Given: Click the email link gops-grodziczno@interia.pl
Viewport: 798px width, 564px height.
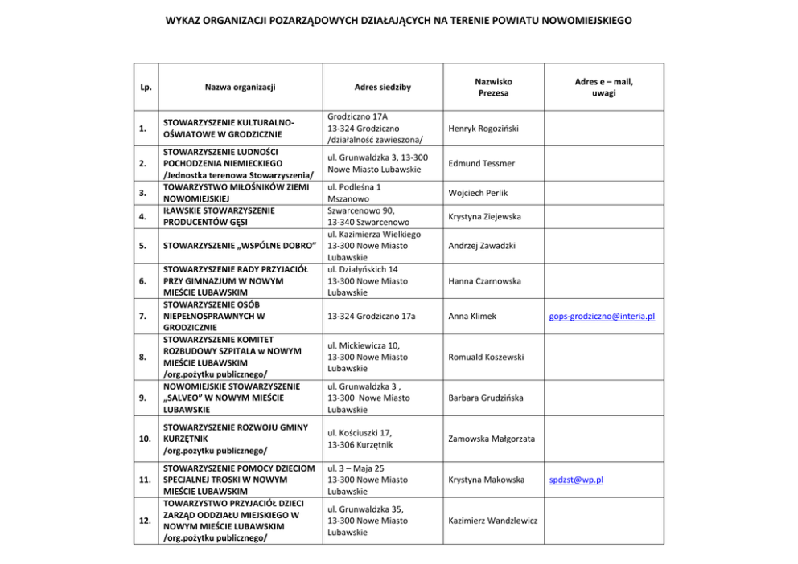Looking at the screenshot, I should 602,317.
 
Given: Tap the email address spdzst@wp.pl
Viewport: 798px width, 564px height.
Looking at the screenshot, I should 576,480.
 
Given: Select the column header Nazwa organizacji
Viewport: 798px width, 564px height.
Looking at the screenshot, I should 240,87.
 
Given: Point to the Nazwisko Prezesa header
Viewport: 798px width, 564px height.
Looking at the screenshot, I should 493,87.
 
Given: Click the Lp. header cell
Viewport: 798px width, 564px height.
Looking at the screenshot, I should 142,87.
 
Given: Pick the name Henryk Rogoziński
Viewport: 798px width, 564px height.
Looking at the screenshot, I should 483,129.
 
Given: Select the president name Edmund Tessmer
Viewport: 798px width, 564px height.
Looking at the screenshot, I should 481,163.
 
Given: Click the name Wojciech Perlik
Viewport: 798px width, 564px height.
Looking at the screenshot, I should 478,193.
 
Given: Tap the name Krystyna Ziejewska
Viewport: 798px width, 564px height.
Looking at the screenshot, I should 484,217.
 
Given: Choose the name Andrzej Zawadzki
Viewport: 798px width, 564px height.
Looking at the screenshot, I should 482,246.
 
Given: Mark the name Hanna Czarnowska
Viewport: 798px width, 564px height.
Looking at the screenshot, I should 484,281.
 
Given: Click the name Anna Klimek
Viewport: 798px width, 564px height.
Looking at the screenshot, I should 471,317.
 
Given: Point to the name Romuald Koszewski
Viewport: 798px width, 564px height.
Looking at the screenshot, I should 486,357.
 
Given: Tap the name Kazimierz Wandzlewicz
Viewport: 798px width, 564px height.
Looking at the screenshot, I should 493,521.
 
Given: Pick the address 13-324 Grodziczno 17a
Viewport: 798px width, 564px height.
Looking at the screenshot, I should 372,317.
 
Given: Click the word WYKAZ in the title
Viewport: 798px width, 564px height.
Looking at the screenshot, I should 183,20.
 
